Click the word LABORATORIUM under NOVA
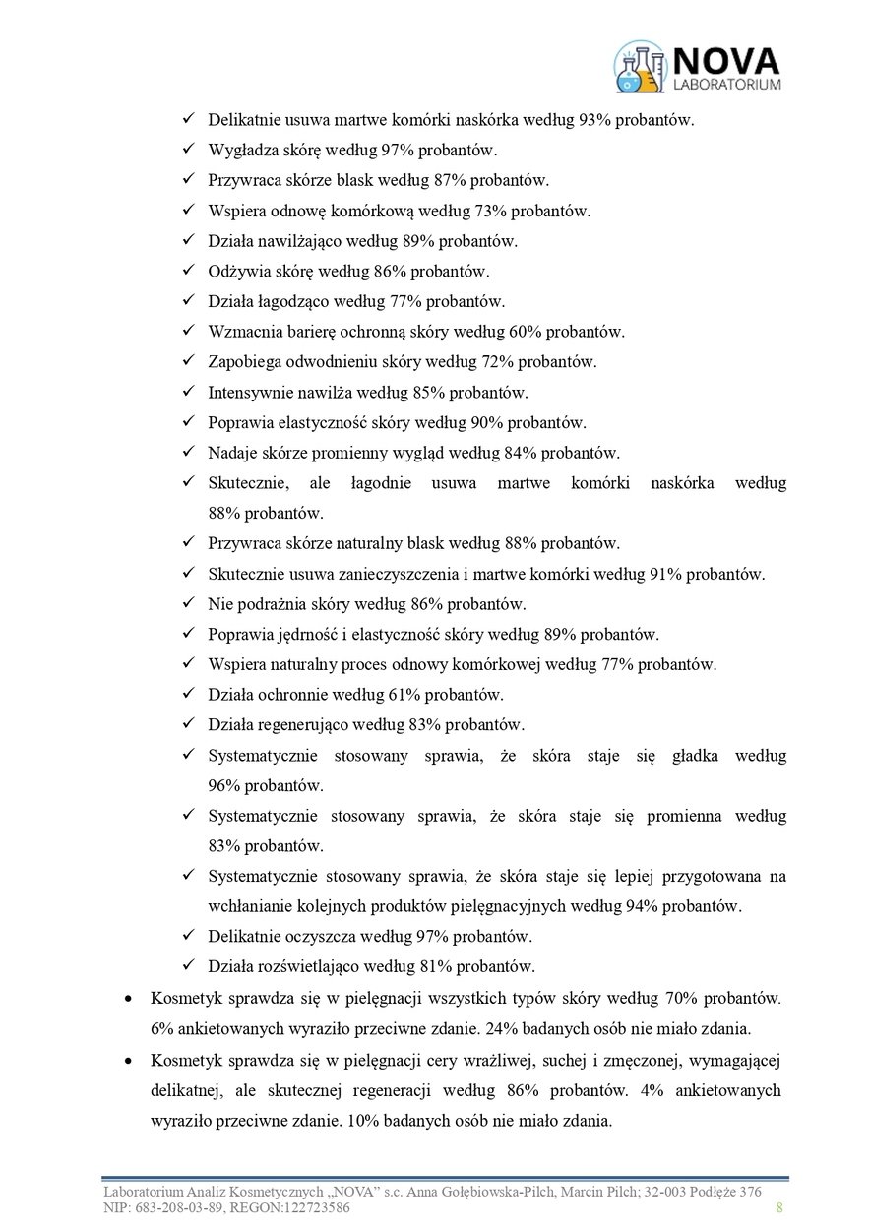click(727, 86)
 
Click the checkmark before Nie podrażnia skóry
click(189, 603)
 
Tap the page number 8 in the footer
click(779, 1207)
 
